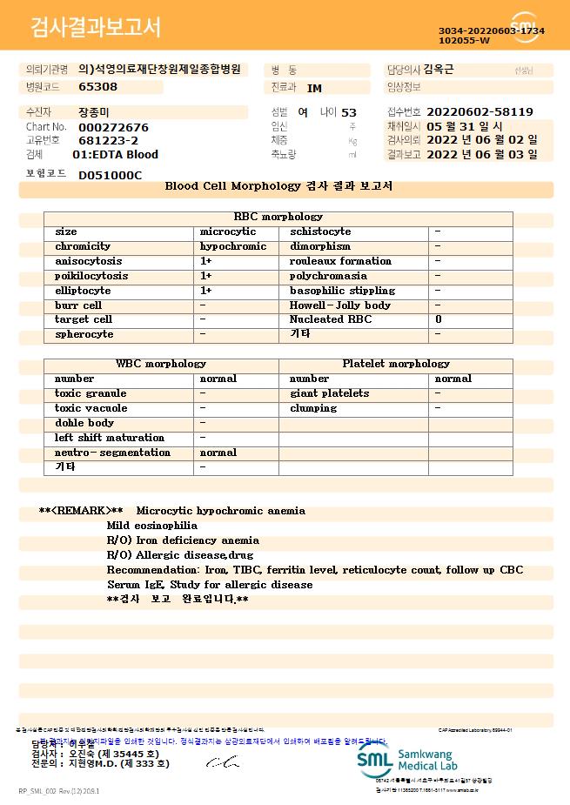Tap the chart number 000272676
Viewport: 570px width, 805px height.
(x=113, y=127)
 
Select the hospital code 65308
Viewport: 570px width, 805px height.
(x=97, y=87)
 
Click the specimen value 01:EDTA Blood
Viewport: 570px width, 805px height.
(x=115, y=155)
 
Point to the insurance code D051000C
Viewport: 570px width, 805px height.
(x=110, y=175)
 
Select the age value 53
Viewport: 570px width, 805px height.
(x=349, y=112)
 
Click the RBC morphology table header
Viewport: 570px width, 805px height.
(x=278, y=217)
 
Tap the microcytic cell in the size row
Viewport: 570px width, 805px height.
(x=228, y=231)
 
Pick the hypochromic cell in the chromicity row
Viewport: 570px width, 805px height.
(x=233, y=246)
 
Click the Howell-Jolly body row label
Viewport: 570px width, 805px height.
(x=339, y=305)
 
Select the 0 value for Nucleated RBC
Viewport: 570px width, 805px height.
(x=439, y=319)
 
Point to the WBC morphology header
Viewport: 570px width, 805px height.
(x=161, y=364)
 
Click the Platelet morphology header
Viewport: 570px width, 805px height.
(x=396, y=364)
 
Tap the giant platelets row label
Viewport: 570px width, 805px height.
(x=329, y=393)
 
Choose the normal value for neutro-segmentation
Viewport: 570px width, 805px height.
(x=218, y=453)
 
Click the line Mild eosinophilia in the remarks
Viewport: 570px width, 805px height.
(x=151, y=526)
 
